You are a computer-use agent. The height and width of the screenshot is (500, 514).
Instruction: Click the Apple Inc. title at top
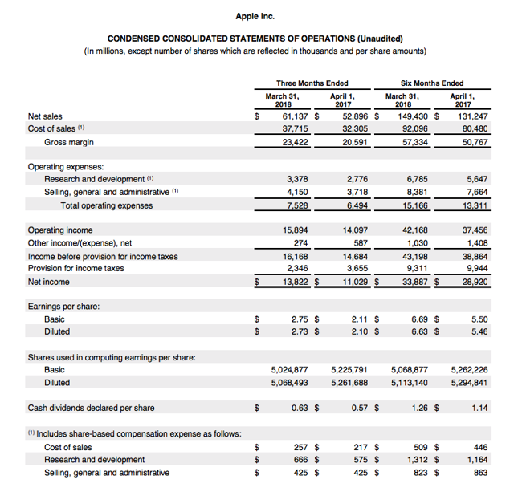tap(256, 16)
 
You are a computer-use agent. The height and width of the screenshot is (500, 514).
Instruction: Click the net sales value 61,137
tap(298, 116)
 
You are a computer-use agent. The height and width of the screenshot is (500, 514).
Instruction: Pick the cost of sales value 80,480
tap(473, 129)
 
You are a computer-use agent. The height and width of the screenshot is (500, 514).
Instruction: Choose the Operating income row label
tap(59, 230)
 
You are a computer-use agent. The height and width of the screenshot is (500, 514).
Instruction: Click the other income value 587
tap(359, 242)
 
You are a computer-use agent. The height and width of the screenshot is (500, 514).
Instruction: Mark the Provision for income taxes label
tap(75, 268)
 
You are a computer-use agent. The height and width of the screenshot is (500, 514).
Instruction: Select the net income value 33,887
tap(412, 282)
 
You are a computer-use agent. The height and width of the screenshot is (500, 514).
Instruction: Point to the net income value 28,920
tap(473, 282)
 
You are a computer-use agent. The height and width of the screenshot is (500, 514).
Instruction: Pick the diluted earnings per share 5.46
tap(479, 331)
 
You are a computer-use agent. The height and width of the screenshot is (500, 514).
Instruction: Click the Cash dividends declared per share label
tap(92, 408)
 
